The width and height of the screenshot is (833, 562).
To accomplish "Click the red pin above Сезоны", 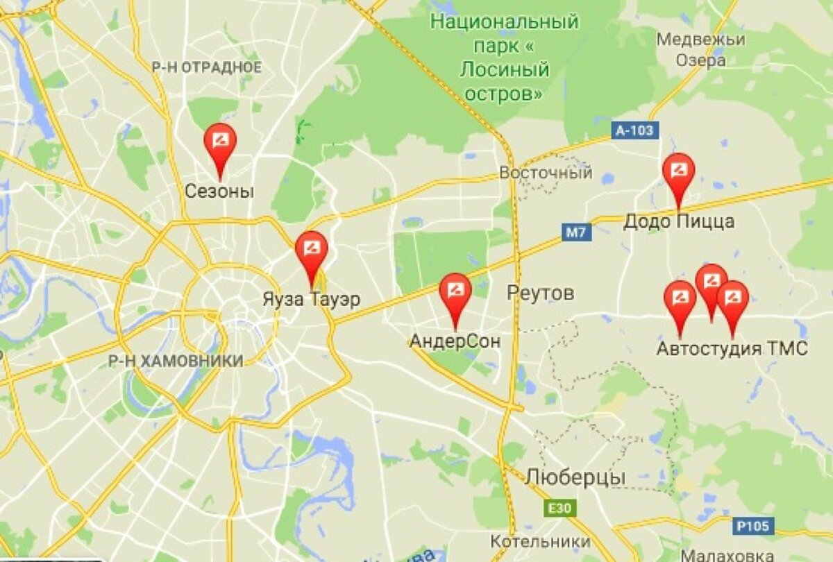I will tap(220, 141).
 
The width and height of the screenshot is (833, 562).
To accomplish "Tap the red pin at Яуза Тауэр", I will tap(311, 249).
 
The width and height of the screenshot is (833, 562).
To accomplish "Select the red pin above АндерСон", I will tap(455, 291).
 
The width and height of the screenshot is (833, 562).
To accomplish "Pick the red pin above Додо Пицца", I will tap(678, 171).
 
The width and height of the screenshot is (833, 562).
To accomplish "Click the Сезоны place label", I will tap(219, 191).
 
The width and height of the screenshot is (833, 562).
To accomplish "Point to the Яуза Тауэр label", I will tap(312, 300).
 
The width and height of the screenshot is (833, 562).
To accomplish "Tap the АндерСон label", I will tap(455, 341).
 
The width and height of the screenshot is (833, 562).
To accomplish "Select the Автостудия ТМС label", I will tap(732, 348).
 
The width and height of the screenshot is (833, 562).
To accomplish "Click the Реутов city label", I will tap(541, 293).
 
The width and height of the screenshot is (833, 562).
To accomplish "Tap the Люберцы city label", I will tap(575, 477).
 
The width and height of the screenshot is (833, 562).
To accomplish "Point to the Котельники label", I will tap(540, 541).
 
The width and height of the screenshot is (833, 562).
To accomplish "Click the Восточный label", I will tap(546, 172).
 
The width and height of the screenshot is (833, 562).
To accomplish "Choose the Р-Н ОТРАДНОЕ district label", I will tap(207, 67).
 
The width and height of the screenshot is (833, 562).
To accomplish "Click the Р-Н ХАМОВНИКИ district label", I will tap(176, 361).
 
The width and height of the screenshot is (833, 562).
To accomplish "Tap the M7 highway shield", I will tap(576, 232).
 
